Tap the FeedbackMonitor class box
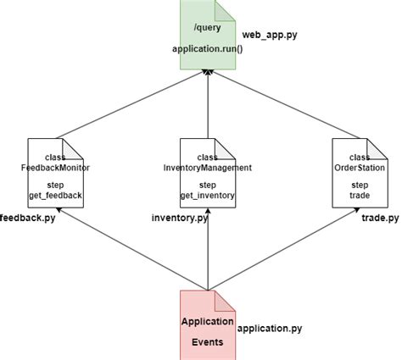click(x=55, y=174)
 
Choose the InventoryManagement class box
click(x=207, y=174)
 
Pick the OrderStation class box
click(x=359, y=174)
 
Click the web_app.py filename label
click(x=270, y=35)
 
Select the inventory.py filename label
click(x=179, y=219)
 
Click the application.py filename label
click(x=270, y=327)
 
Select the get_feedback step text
click(x=55, y=196)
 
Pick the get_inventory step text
click(x=207, y=196)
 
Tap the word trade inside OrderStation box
click(x=359, y=196)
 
